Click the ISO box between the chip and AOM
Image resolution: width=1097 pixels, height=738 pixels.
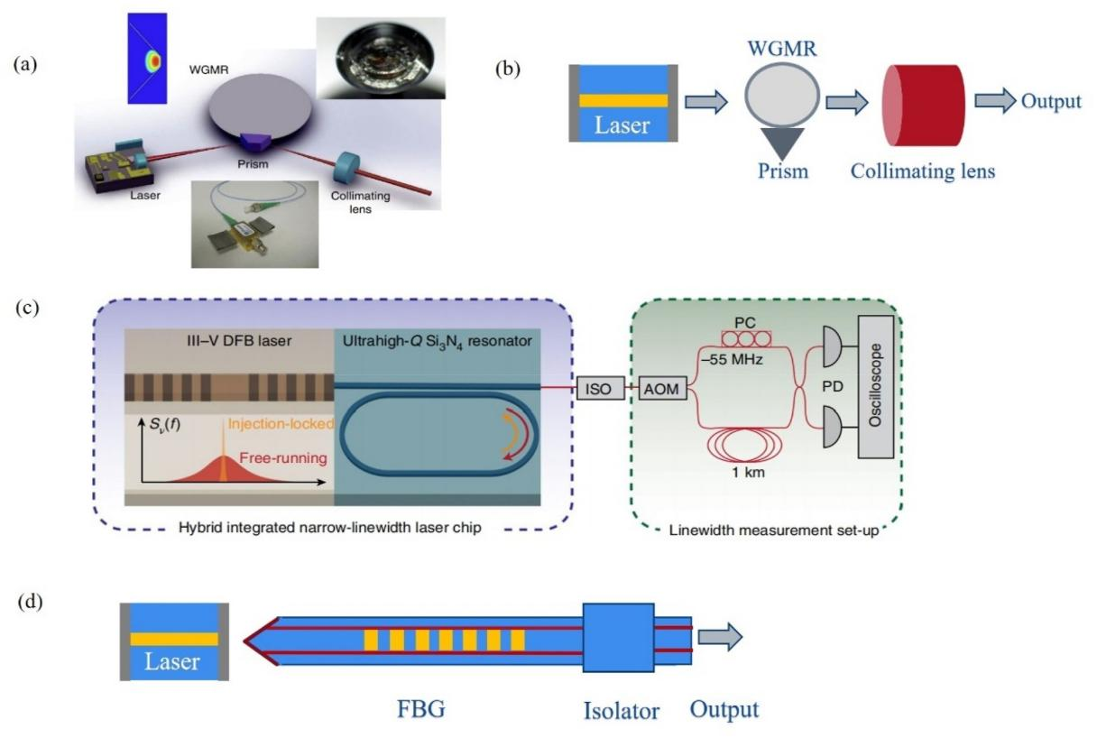595,389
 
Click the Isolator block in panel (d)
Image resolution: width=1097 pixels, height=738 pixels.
618,639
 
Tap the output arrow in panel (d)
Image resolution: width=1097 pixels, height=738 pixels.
722,639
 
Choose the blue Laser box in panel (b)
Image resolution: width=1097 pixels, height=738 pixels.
622,102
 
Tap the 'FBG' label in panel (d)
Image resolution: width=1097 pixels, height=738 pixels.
423,709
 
